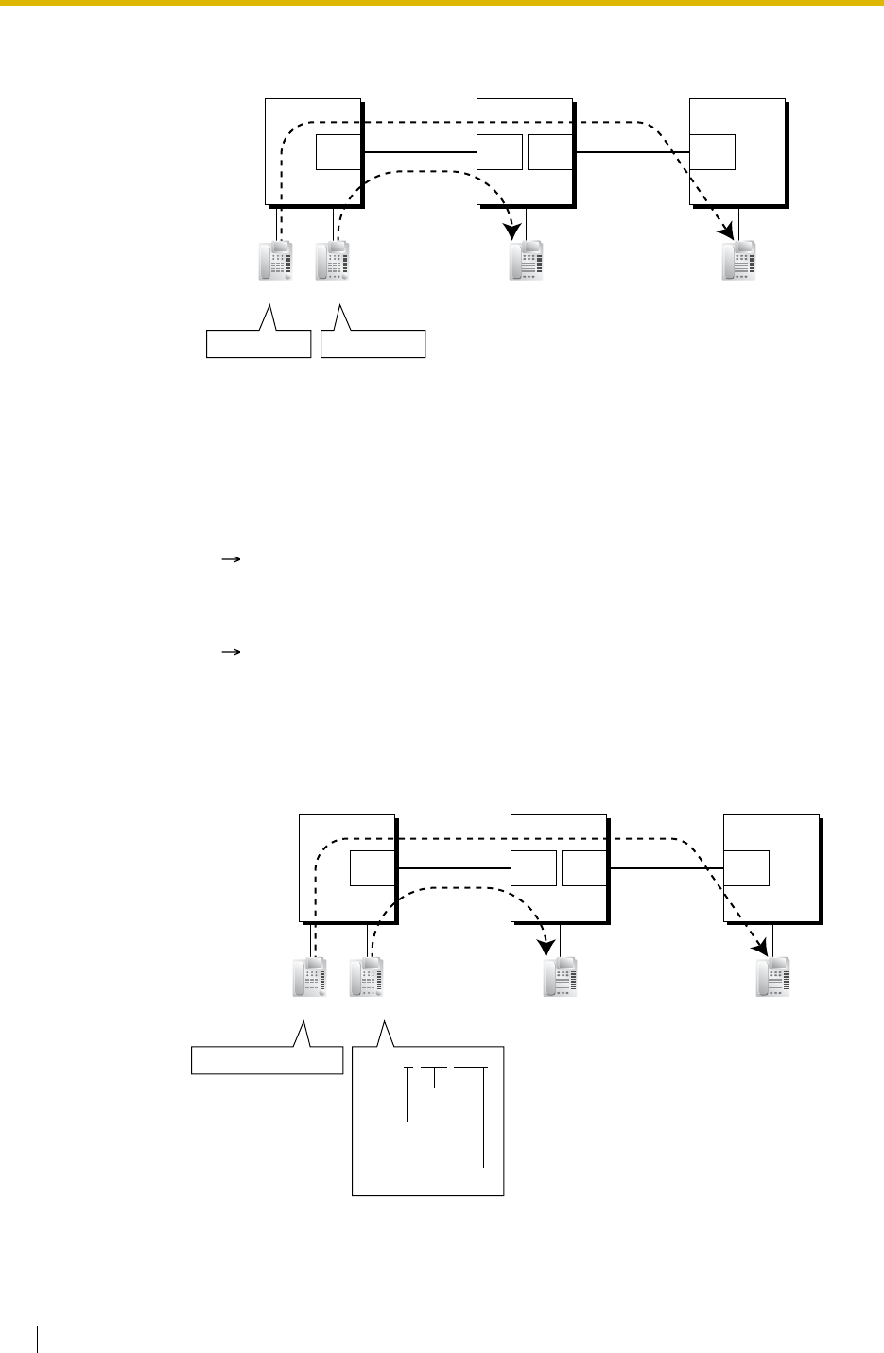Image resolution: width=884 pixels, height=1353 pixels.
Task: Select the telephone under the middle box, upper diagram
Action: pyautogui.click(x=526, y=260)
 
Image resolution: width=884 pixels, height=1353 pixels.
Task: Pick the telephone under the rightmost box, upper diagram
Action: pyautogui.click(x=738, y=260)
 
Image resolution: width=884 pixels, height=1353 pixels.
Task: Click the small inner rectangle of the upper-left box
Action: pyautogui.click(x=338, y=152)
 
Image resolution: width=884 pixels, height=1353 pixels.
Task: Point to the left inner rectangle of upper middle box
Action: pyautogui.click(x=499, y=152)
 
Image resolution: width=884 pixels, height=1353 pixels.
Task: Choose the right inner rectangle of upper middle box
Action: pyautogui.click(x=550, y=152)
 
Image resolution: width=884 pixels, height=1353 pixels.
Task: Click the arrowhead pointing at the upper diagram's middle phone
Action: pyautogui.click(x=513, y=229)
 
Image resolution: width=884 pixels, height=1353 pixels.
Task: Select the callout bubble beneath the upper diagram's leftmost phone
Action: pyautogui.click(x=258, y=342)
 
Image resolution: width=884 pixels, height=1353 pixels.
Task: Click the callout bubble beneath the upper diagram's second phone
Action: pyautogui.click(x=373, y=342)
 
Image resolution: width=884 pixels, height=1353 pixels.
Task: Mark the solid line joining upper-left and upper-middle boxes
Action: pyautogui.click(x=419, y=152)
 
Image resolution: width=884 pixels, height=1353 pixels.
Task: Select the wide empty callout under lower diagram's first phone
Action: pyautogui.click(x=267, y=1059)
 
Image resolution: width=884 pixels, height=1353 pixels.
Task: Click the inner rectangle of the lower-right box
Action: pyautogui.click(x=746, y=867)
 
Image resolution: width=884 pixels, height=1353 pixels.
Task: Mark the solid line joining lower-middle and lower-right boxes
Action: pyautogui.click(x=665, y=867)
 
